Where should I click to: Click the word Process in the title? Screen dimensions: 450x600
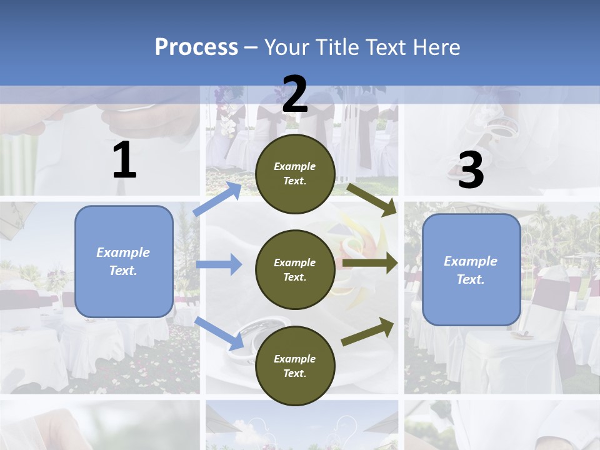[x=196, y=47]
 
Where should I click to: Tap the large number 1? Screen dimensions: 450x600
[x=124, y=161]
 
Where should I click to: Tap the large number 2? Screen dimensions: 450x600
[x=295, y=94]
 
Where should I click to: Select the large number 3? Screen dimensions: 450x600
[x=471, y=170]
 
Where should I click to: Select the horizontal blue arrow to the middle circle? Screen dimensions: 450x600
[x=219, y=264]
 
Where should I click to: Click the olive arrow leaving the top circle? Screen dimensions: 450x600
[x=372, y=199]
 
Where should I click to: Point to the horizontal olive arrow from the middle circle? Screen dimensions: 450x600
[x=370, y=262]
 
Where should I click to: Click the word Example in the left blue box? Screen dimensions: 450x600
[x=123, y=252]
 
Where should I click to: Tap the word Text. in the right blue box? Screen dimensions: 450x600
[x=471, y=279]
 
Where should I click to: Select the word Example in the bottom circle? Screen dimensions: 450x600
[x=295, y=359]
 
